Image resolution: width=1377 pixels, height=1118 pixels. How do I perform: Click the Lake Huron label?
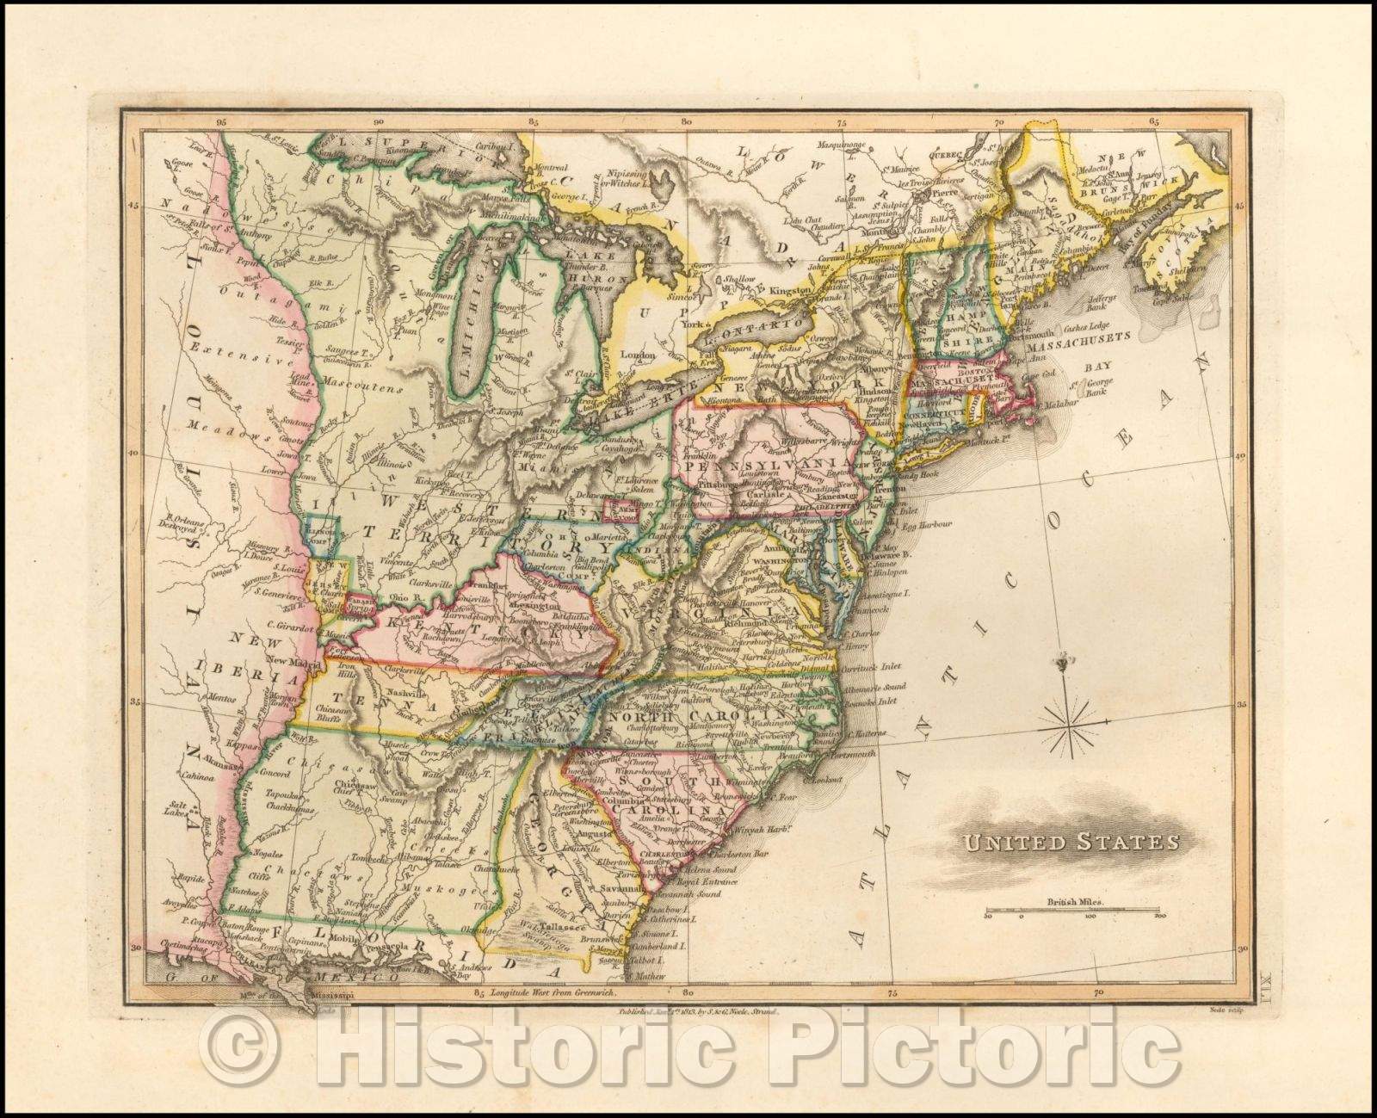coord(593,268)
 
